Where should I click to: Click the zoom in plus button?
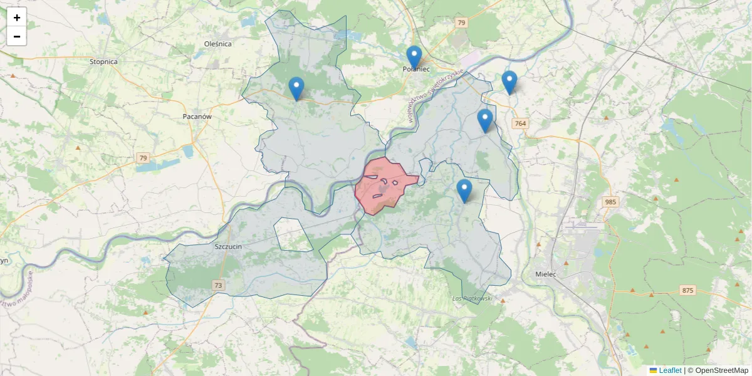[17, 18]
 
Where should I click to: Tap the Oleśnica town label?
[218, 44]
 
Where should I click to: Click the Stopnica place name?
[103, 62]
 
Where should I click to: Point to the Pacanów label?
[197, 117]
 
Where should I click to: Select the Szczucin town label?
[228, 247]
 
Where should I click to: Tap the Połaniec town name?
[416, 69]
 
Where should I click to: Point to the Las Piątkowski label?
[472, 298]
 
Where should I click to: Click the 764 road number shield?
[520, 124]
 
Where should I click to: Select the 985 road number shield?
[610, 202]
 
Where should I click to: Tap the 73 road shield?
[218, 286]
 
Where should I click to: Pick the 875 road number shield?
[687, 290]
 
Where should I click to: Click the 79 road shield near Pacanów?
[144, 158]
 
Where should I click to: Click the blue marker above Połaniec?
[414, 58]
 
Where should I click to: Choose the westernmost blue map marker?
[296, 88]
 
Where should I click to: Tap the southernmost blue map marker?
[464, 191]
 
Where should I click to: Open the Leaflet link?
[669, 370]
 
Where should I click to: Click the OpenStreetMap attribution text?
[721, 370]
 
